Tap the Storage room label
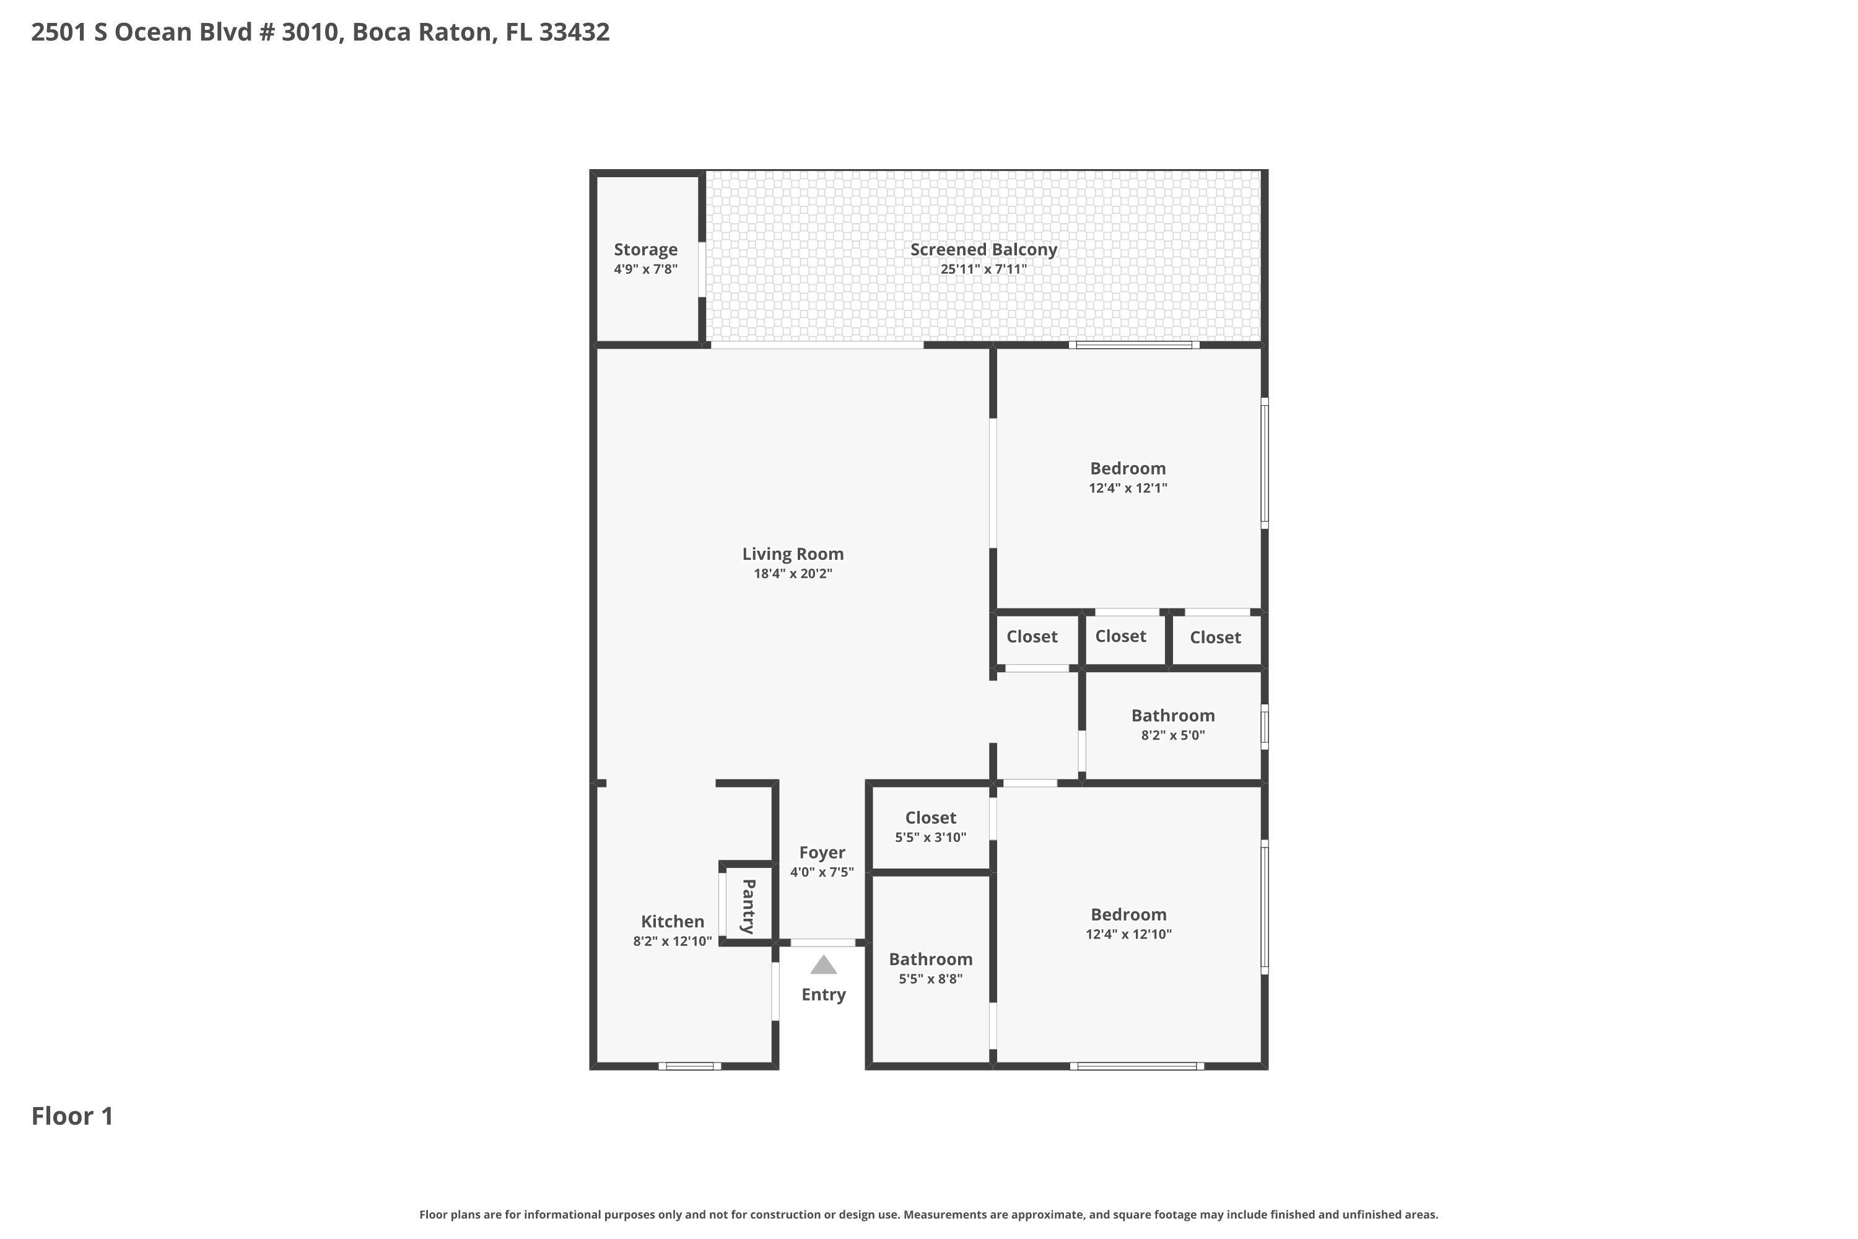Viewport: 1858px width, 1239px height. point(645,250)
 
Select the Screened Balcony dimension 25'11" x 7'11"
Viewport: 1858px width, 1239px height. point(984,269)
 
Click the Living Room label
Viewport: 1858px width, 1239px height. point(792,554)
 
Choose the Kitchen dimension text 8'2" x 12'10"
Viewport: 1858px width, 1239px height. point(672,941)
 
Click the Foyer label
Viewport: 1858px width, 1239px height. point(822,852)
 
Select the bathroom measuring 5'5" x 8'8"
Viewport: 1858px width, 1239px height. point(931,968)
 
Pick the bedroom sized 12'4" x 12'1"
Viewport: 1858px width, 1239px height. point(1127,476)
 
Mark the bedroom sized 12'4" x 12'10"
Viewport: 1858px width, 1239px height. point(1128,923)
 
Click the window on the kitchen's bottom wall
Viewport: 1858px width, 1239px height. point(690,1066)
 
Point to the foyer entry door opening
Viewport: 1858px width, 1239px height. point(822,943)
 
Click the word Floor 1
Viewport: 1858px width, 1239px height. point(72,1116)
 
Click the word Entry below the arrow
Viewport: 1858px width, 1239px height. point(823,995)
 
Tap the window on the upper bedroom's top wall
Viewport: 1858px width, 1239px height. point(1133,344)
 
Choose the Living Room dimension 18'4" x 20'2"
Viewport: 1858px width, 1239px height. point(792,574)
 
